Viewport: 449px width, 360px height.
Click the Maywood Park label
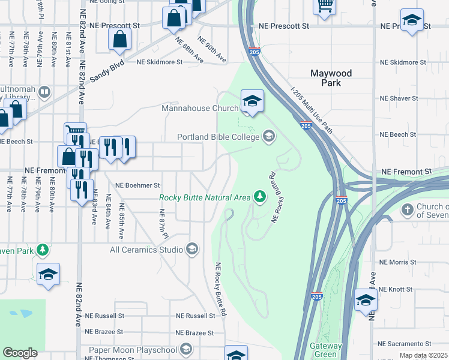tap(331, 78)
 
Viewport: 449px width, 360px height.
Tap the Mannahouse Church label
tap(200, 109)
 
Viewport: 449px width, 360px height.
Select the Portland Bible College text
tap(218, 137)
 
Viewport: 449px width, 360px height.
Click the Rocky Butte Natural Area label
tap(205, 197)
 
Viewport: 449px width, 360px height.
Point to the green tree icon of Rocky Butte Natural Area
tap(259, 196)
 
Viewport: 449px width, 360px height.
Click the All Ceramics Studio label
tap(147, 249)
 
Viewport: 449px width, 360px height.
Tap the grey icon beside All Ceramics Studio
tap(192, 249)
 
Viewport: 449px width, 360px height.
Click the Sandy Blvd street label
tap(107, 70)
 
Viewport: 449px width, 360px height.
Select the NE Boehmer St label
tap(138, 185)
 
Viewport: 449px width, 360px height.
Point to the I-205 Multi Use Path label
tap(310, 108)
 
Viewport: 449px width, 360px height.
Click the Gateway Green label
tap(326, 350)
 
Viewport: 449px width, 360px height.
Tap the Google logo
tap(20, 353)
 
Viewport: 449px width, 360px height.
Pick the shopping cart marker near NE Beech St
tap(75, 131)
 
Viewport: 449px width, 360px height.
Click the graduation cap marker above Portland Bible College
tap(253, 100)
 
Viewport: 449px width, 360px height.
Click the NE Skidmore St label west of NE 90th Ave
tap(159, 62)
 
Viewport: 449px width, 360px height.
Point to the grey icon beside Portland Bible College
tap(268, 137)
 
